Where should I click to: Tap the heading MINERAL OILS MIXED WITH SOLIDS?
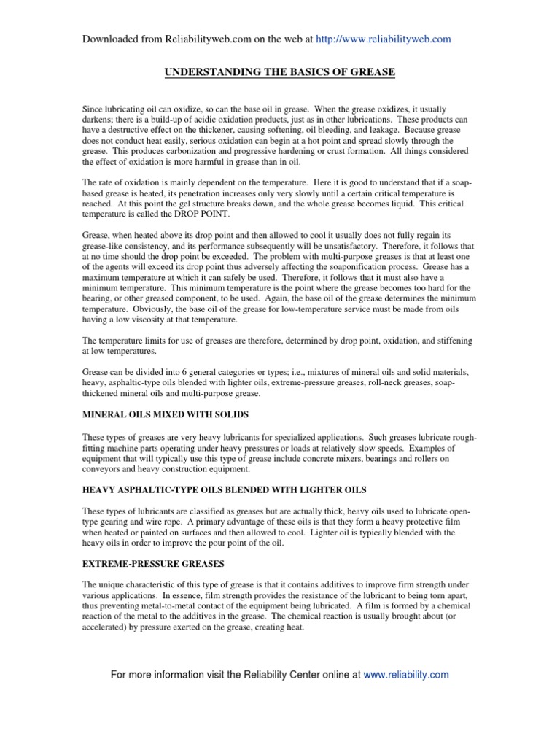tap(165, 414)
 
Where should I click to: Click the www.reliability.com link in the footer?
tap(406, 675)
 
